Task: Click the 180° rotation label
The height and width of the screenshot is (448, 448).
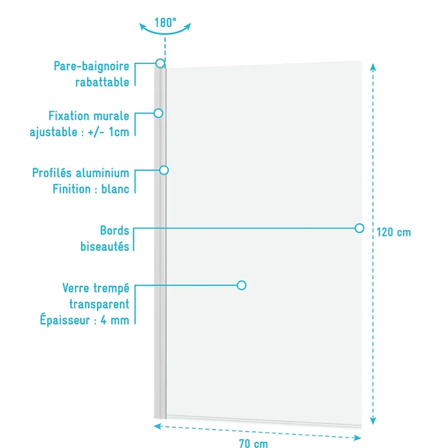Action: point(165,22)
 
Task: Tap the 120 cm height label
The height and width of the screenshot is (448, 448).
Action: point(394,232)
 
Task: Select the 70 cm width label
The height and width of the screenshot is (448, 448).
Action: point(254,443)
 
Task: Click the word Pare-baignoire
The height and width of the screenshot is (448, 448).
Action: point(91,66)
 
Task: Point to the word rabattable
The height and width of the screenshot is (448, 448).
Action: point(102,82)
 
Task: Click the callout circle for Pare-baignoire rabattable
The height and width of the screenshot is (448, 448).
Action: point(160,63)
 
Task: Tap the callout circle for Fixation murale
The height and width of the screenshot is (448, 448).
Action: point(158,113)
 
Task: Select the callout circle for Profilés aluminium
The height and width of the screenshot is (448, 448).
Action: point(164,170)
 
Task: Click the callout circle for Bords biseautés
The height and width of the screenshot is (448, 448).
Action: point(359,228)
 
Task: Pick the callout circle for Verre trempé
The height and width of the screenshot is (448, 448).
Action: point(241,285)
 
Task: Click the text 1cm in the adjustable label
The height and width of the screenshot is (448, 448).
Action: point(119,132)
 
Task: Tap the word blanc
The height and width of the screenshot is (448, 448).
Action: point(115,189)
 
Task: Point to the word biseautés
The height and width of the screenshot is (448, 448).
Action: point(105,246)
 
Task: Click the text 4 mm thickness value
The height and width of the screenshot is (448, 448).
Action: point(115,320)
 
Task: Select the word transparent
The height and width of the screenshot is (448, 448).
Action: point(99,304)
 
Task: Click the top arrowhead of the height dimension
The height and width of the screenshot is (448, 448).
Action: point(373,67)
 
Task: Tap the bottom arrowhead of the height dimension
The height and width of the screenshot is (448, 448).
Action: point(373,421)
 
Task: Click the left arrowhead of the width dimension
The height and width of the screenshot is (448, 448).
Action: point(158,426)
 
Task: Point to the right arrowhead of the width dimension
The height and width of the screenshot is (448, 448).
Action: point(357,438)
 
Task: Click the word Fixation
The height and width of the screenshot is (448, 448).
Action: point(69,116)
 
